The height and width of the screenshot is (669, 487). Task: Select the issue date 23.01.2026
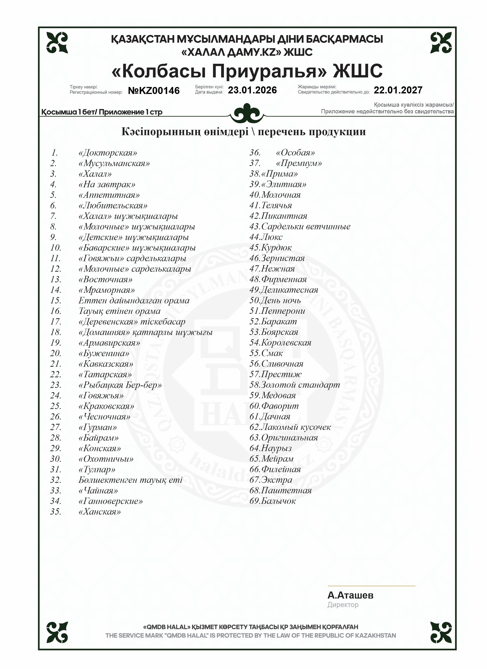tap(252, 90)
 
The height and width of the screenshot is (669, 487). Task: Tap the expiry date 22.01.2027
tap(398, 90)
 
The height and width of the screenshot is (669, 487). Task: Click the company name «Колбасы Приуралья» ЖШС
tap(247, 71)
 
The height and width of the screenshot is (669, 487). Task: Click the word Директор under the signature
tap(343, 605)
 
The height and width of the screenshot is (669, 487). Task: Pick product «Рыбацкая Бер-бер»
tap(120, 385)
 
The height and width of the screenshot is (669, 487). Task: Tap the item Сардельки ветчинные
tap(306, 227)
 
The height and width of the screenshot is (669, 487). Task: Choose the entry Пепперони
tap(283, 311)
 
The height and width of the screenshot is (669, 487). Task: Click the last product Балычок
tap(278, 501)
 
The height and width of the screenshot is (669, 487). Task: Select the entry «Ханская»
tap(100, 512)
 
